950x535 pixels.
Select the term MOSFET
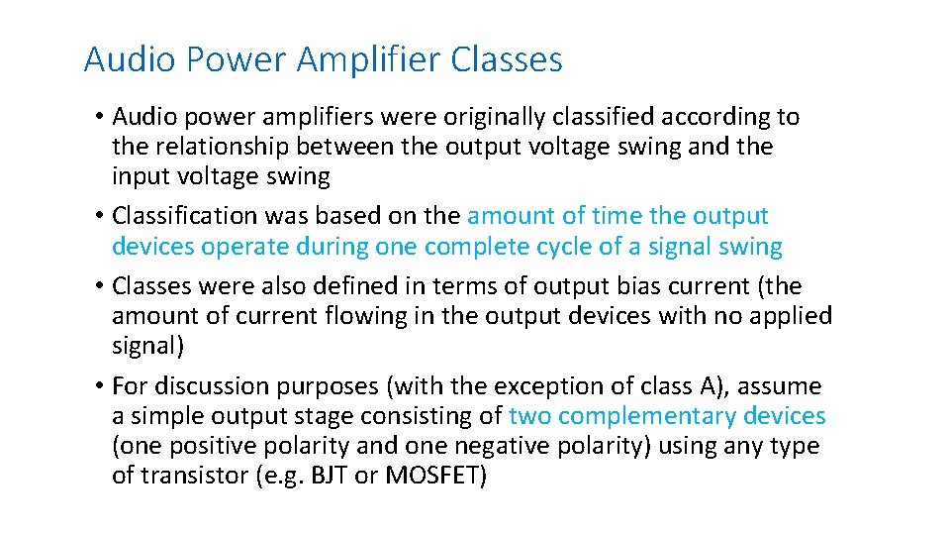[433, 476]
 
